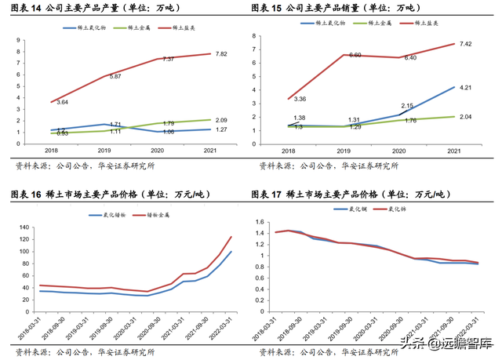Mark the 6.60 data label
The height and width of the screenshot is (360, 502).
pyautogui.click(x=355, y=56)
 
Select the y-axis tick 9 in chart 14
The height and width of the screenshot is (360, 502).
pyautogui.click(x=28, y=39)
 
